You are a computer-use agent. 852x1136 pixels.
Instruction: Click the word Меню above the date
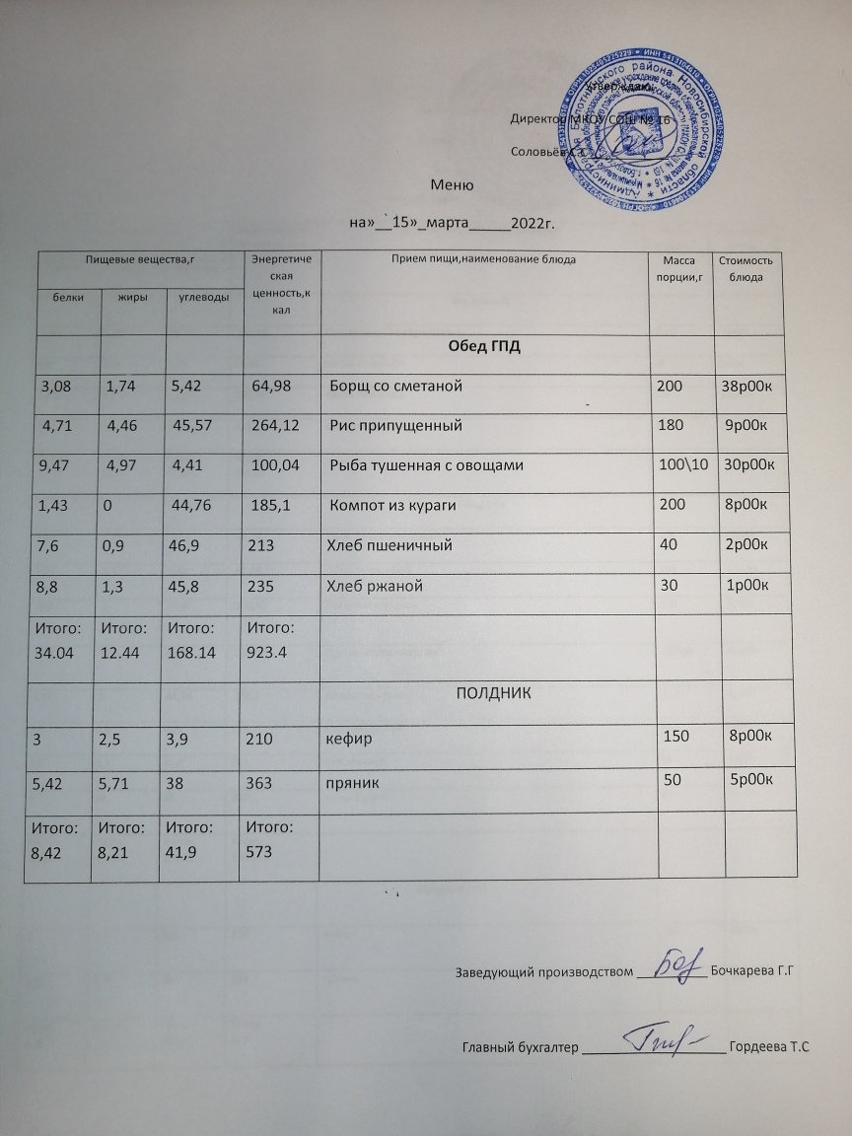tap(455, 185)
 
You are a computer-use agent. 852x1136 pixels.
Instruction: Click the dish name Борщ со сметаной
tap(394, 386)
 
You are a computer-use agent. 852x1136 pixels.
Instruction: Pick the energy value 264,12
tap(275, 426)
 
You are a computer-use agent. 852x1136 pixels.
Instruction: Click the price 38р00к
tap(753, 386)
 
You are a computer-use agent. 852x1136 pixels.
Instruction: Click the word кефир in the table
tap(348, 737)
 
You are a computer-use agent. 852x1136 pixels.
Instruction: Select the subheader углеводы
tap(198, 297)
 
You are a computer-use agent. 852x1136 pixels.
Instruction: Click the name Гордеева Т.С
tap(769, 1045)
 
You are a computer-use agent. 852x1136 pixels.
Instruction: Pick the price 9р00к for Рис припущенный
tap(755, 426)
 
